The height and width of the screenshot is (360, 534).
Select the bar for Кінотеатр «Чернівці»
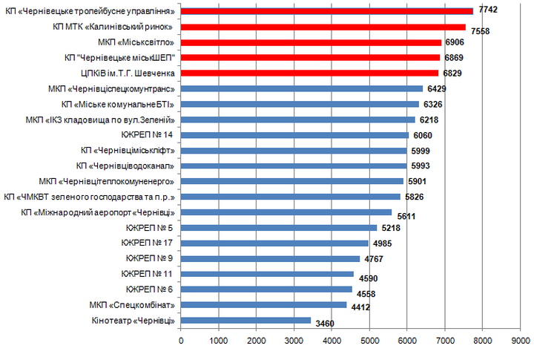(245, 321)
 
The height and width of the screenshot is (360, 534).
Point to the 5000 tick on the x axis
(369, 341)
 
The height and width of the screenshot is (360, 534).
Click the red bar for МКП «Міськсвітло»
(311, 42)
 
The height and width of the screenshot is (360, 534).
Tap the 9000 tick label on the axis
(520, 341)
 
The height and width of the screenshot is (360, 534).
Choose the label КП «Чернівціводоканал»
(126, 166)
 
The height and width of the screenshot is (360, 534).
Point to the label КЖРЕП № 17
(149, 243)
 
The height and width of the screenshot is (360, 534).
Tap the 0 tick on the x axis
(181, 341)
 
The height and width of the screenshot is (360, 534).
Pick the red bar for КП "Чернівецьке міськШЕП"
(310, 57)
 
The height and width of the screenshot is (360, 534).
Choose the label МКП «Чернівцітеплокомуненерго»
(107, 181)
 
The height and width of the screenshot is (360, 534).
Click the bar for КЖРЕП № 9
(270, 258)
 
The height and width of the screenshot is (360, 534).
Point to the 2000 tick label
(257, 341)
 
